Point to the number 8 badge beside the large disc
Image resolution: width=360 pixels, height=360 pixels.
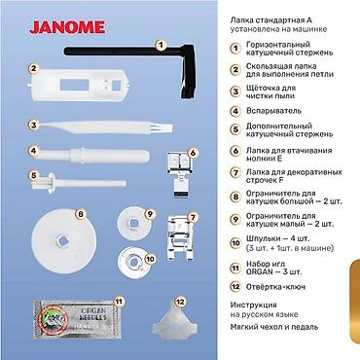pos(81,213)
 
